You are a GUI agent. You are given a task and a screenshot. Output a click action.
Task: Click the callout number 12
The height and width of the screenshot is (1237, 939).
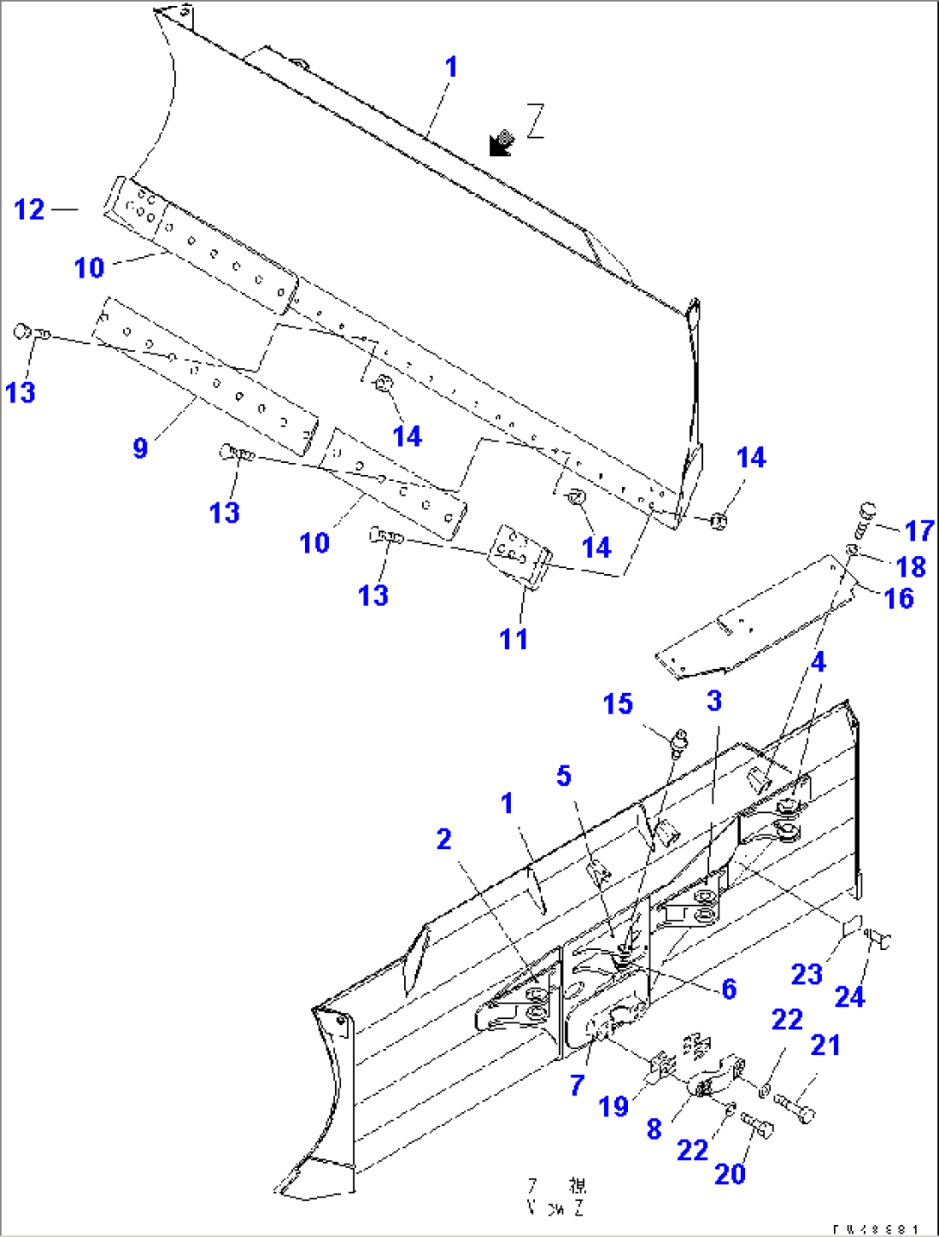pyautogui.click(x=29, y=209)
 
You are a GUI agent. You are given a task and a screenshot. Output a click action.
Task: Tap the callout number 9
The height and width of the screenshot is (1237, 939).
pyautogui.click(x=140, y=448)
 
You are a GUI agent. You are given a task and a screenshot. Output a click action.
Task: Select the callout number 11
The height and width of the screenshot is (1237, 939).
pyautogui.click(x=513, y=639)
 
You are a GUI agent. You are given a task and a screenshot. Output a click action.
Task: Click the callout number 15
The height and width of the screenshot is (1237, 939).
pyautogui.click(x=618, y=704)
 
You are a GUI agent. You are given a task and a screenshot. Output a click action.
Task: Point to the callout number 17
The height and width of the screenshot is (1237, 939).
pyautogui.click(x=919, y=531)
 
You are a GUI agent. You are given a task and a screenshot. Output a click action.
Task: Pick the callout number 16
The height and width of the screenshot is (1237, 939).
pyautogui.click(x=899, y=598)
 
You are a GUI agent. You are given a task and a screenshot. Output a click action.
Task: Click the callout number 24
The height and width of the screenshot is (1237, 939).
pyautogui.click(x=849, y=997)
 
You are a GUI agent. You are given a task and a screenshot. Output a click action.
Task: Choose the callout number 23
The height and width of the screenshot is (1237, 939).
pyautogui.click(x=806, y=975)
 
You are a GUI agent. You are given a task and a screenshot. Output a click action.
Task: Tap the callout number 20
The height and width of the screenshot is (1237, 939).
pyautogui.click(x=730, y=1173)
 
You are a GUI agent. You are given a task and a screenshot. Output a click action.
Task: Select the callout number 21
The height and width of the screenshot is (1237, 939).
pyautogui.click(x=825, y=1045)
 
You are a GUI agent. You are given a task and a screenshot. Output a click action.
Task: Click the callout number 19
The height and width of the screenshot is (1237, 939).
pyautogui.click(x=613, y=1107)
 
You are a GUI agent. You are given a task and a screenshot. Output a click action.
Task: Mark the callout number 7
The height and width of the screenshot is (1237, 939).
pyautogui.click(x=577, y=1085)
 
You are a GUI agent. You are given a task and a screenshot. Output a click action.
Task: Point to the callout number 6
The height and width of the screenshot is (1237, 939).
pyautogui.click(x=729, y=989)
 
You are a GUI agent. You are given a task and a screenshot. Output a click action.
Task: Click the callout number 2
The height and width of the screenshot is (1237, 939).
pyautogui.click(x=444, y=839)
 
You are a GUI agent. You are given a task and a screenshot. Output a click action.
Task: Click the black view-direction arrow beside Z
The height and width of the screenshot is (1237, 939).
pyautogui.click(x=500, y=143)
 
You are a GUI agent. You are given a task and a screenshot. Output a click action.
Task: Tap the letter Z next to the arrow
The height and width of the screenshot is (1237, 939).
pyautogui.click(x=536, y=121)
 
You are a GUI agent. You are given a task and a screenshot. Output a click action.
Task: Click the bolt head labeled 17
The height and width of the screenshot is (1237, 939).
pyautogui.click(x=867, y=511)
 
